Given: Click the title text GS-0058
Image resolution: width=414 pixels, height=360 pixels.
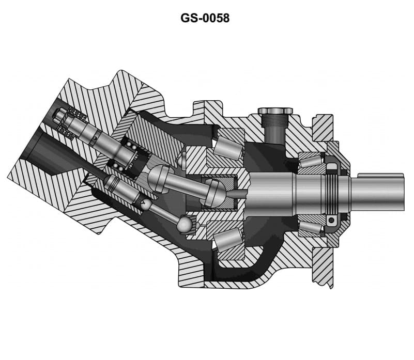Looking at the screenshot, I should click(205, 18).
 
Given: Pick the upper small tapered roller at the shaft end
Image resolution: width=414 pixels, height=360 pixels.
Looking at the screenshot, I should click(310, 163).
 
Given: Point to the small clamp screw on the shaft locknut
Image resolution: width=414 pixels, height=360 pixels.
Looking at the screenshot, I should click(331, 221).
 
